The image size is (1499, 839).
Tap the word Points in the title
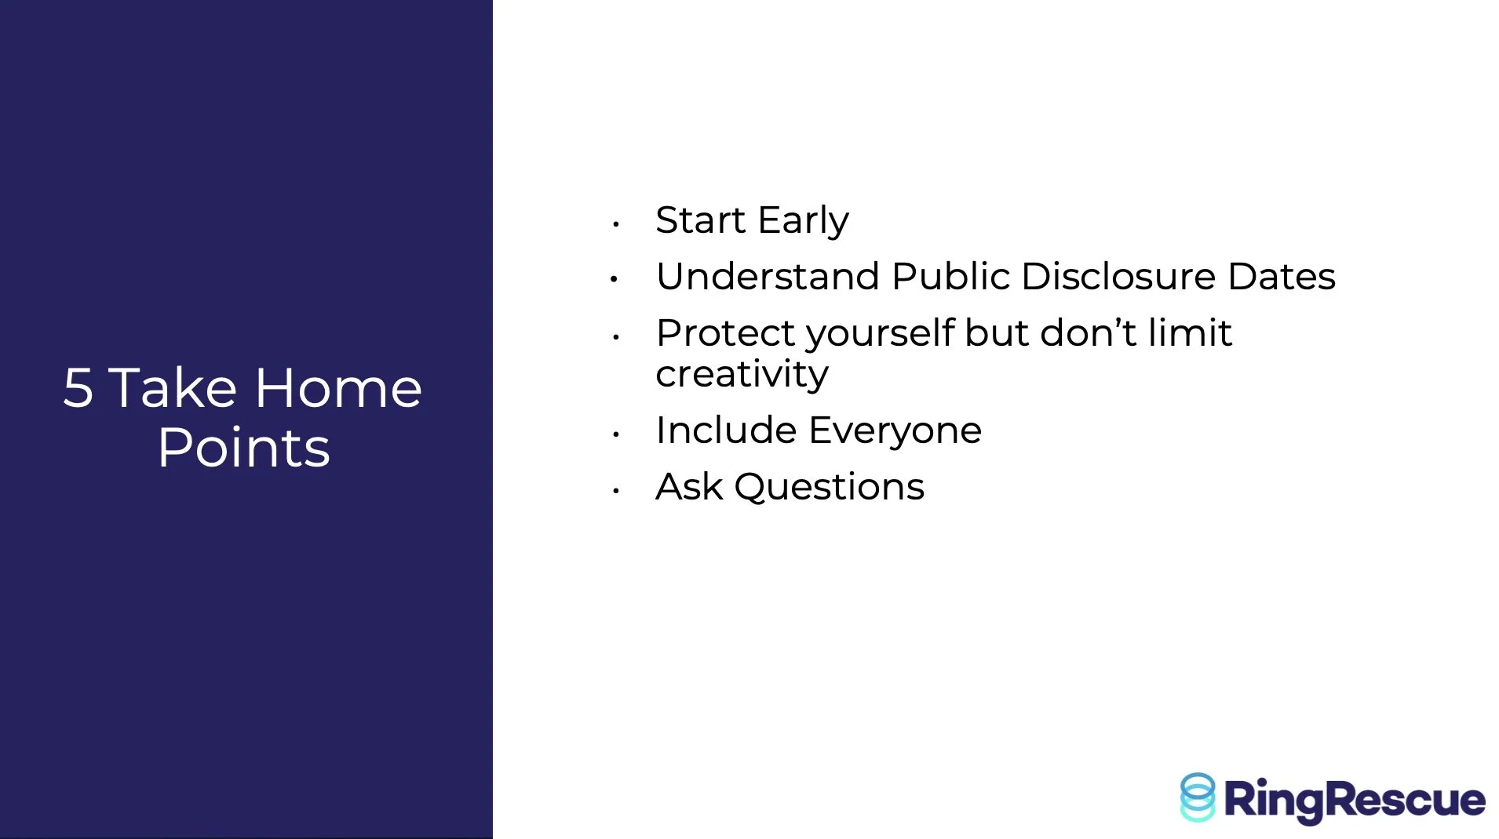point(244,448)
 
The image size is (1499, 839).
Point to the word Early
point(804,220)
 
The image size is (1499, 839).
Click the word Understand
point(768,276)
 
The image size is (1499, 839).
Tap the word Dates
point(1282,277)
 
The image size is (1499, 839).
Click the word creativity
point(742,374)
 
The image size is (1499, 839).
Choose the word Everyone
point(895,431)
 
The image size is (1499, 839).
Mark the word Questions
point(830,487)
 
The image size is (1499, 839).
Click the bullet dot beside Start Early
point(616,224)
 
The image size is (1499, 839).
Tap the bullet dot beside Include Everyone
point(616,434)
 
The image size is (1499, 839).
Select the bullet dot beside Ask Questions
point(616,491)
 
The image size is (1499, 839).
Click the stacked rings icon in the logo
point(1198,797)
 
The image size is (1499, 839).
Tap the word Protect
point(726,333)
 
